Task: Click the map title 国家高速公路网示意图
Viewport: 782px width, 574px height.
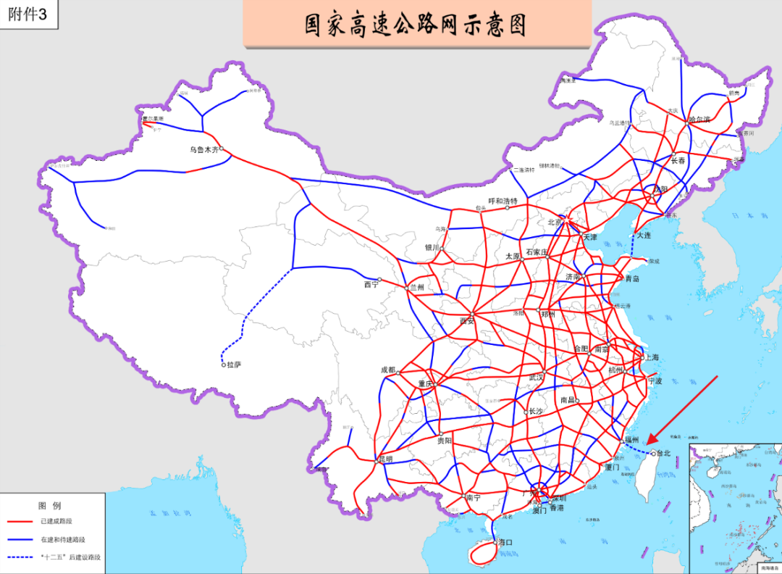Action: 416,24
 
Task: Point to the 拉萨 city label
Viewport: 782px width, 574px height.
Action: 234,365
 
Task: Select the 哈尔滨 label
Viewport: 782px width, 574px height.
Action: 699,119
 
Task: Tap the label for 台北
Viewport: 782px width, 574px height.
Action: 664,454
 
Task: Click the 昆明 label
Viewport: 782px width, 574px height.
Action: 385,459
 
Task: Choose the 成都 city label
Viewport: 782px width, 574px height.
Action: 388,370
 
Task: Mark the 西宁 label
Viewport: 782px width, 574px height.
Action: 371,285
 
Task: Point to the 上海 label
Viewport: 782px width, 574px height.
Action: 652,357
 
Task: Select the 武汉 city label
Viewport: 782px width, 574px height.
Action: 536,378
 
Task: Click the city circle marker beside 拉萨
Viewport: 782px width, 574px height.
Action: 224,365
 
